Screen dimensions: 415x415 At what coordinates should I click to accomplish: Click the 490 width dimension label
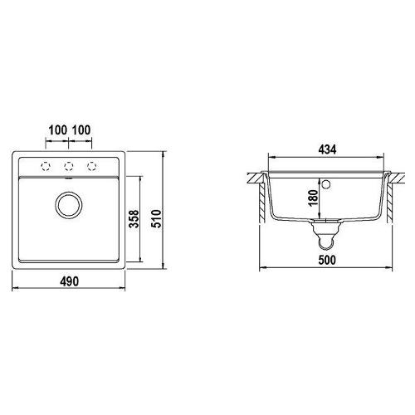(69, 281)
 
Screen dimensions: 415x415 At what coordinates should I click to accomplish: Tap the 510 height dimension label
(156, 218)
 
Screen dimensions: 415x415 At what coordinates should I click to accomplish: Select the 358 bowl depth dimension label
(134, 218)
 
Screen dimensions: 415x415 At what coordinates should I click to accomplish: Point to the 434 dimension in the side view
(327, 149)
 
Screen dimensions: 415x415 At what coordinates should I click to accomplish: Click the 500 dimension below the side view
(327, 260)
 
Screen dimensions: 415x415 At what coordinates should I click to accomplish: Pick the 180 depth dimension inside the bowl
(313, 198)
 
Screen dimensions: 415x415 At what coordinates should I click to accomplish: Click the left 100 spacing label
(57, 130)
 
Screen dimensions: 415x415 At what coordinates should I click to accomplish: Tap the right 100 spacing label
(81, 130)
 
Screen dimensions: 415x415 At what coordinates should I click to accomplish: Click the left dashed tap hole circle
(46, 166)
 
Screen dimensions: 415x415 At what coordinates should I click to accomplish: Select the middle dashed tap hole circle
(69, 166)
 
